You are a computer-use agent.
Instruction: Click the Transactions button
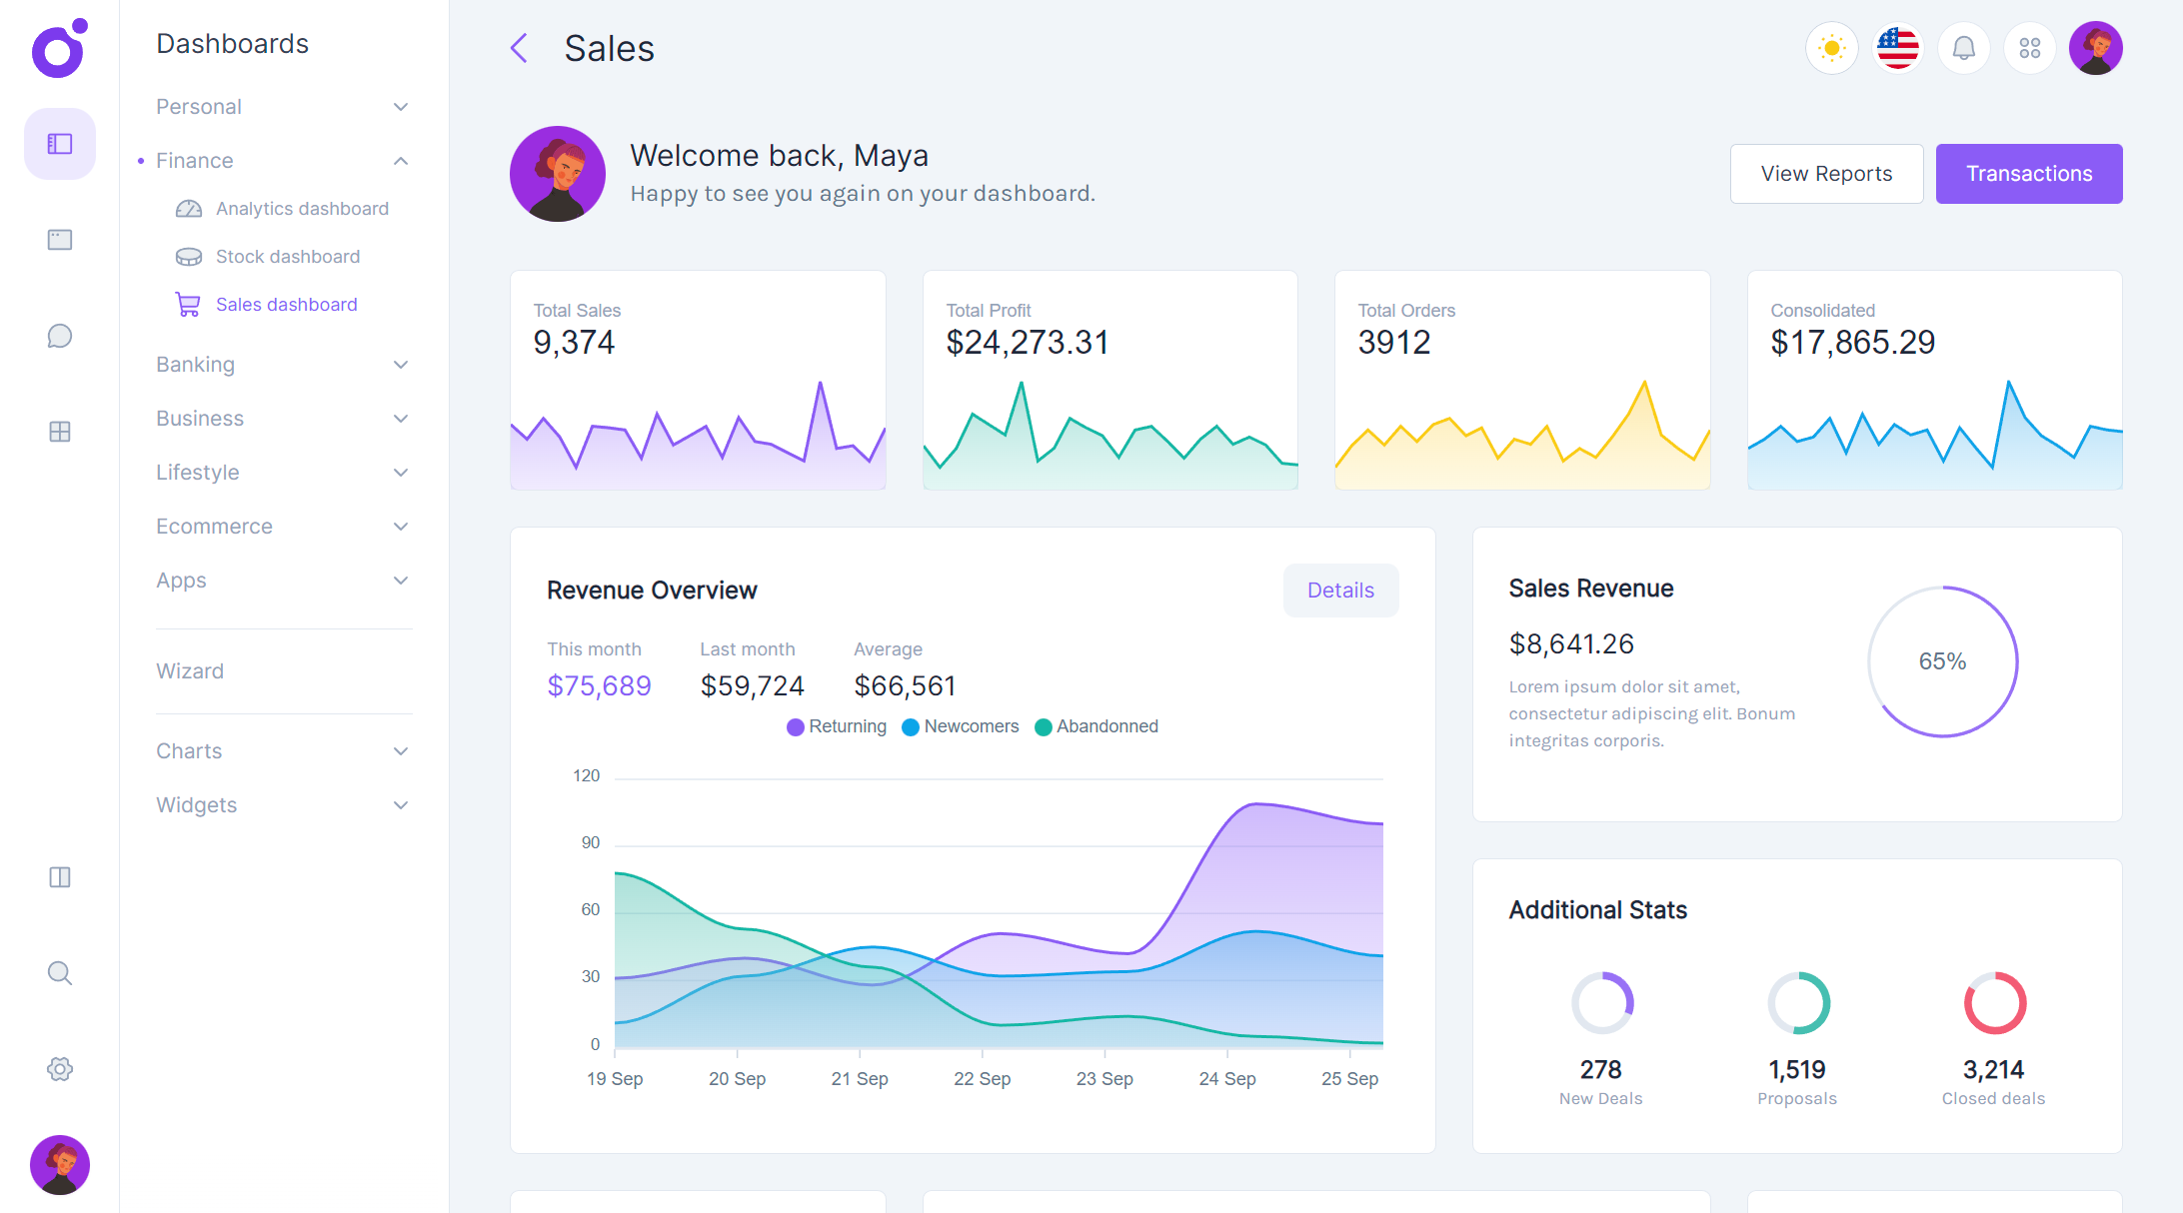(x=2028, y=174)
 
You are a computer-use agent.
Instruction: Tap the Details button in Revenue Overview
(x=1340, y=591)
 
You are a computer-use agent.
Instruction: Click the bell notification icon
(x=1963, y=48)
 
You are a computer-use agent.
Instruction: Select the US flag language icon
(x=1897, y=48)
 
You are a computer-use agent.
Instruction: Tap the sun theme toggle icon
(x=1831, y=48)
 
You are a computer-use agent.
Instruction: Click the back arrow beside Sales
(x=519, y=48)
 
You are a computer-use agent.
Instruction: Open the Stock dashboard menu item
(x=287, y=257)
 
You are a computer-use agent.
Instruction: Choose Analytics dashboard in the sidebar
(x=301, y=209)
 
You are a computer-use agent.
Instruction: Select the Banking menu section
(x=195, y=365)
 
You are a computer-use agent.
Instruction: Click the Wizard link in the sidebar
(x=190, y=671)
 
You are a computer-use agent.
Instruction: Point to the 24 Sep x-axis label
(x=1227, y=1079)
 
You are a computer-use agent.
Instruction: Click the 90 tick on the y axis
(x=591, y=843)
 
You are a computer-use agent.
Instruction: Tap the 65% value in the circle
(x=1942, y=661)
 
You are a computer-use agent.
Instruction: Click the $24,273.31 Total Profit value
(x=1028, y=343)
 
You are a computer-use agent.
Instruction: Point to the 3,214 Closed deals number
(x=1993, y=1070)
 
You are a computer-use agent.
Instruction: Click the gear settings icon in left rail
(x=60, y=1069)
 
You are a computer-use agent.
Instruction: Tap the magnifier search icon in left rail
(x=60, y=973)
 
